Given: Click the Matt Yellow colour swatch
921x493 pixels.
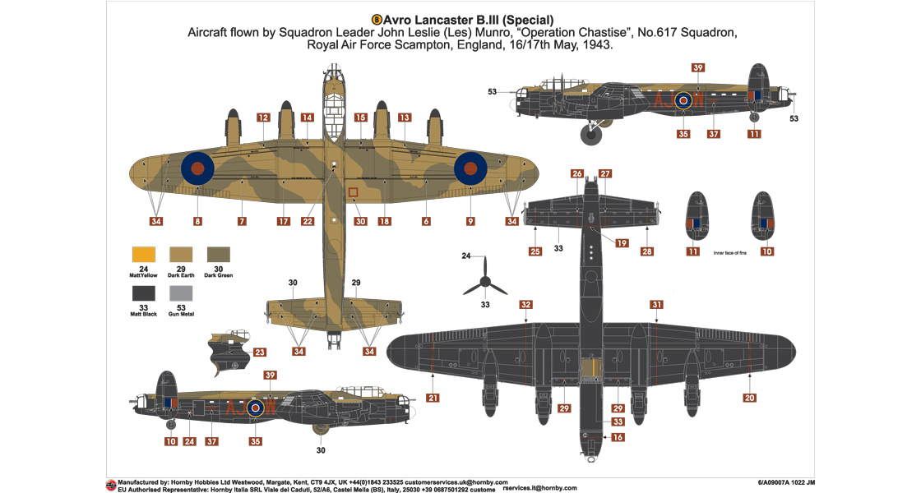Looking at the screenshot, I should pyautogui.click(x=144, y=256).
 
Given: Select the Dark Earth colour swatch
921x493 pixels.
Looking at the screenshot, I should pyautogui.click(x=181, y=256).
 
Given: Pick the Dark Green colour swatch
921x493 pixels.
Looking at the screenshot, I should pyautogui.click(x=218, y=256).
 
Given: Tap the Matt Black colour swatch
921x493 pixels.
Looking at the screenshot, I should pyautogui.click(x=144, y=293).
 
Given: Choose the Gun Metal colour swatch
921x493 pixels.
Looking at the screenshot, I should pyautogui.click(x=181, y=293).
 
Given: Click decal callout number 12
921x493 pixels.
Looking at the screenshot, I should pyautogui.click(x=263, y=117).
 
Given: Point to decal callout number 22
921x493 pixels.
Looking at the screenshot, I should pyautogui.click(x=308, y=221).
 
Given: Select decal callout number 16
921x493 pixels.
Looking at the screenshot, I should pyautogui.click(x=618, y=438).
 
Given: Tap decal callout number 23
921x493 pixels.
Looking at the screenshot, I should pyautogui.click(x=260, y=352).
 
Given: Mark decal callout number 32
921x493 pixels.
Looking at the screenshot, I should pyautogui.click(x=525, y=305).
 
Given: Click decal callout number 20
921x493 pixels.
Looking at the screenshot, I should pyautogui.click(x=749, y=398).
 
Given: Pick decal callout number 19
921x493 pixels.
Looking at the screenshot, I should pyautogui.click(x=622, y=243).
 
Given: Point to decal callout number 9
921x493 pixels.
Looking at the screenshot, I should pyautogui.click(x=470, y=221).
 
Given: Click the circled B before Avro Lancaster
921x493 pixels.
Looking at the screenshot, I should pyautogui.click(x=377, y=20).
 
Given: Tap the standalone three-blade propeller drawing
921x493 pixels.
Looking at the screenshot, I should pyautogui.click(x=485, y=282).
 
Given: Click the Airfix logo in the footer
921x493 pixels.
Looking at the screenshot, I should pyautogui.click(x=110, y=485).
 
